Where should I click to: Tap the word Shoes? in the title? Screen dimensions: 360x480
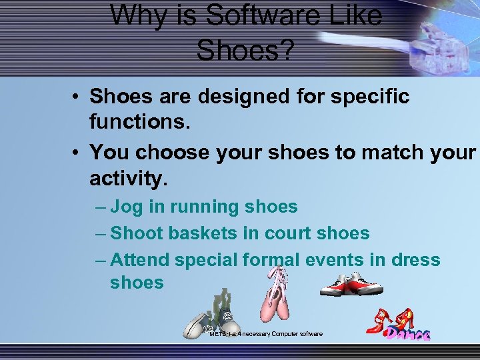click(245, 49)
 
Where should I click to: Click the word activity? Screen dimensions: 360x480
click(129, 179)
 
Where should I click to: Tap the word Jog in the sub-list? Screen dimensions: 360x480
click(127, 207)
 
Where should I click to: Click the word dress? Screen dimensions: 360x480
click(414, 259)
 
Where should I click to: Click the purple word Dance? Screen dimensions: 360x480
click(407, 334)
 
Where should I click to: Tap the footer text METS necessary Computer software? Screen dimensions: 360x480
click(265, 333)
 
